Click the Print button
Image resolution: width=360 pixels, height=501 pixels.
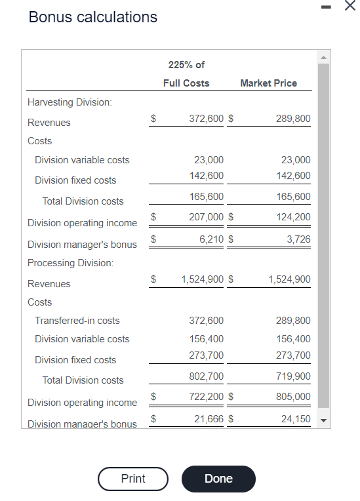133,479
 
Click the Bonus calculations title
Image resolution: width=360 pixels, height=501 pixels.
93,17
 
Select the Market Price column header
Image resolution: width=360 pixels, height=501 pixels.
268,83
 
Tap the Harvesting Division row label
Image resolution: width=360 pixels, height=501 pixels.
70,102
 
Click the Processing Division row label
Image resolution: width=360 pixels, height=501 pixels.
70,263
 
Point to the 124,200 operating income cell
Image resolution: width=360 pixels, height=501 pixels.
295,217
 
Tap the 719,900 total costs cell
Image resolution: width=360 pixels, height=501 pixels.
295,376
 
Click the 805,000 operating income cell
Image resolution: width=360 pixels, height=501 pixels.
295,397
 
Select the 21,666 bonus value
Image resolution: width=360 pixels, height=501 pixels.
210,418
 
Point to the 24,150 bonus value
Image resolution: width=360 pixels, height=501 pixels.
296,418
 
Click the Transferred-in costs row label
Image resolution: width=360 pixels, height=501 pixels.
77,321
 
